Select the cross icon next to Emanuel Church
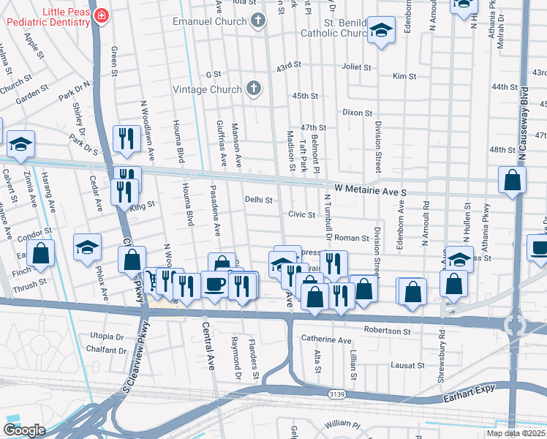click(x=257, y=21)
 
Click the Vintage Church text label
click(x=207, y=89)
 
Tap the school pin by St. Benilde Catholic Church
click(x=380, y=30)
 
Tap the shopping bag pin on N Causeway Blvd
click(x=513, y=179)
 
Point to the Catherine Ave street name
click(x=326, y=339)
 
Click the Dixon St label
click(x=358, y=113)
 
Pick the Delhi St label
click(x=258, y=199)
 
